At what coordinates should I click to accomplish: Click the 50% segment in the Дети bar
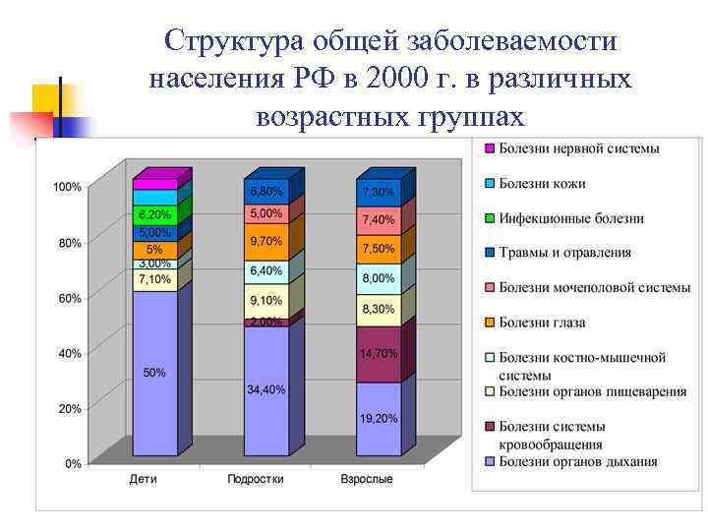(x=154, y=374)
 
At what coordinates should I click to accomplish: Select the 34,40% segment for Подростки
(x=265, y=390)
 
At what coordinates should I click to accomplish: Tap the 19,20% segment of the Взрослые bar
(x=378, y=418)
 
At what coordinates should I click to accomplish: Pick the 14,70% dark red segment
(x=378, y=353)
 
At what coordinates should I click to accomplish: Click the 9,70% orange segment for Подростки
(x=265, y=241)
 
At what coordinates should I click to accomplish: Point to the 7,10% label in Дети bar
(x=154, y=279)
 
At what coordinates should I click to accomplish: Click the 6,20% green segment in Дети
(x=154, y=214)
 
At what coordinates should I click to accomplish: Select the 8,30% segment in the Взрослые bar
(x=378, y=309)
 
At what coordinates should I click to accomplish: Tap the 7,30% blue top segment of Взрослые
(x=378, y=192)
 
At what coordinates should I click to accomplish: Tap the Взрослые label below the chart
(x=366, y=480)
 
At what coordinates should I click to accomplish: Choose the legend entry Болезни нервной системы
(x=578, y=148)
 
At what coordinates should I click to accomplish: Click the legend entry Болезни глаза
(x=542, y=322)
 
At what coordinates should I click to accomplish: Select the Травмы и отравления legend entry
(x=564, y=253)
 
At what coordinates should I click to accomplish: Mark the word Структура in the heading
(x=227, y=41)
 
